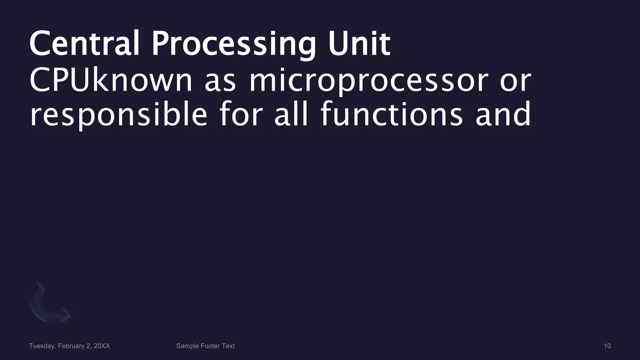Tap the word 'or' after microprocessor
[515, 81]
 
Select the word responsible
[118, 115]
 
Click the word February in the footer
[71, 346]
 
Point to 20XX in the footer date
[102, 346]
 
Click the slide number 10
[607, 346]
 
